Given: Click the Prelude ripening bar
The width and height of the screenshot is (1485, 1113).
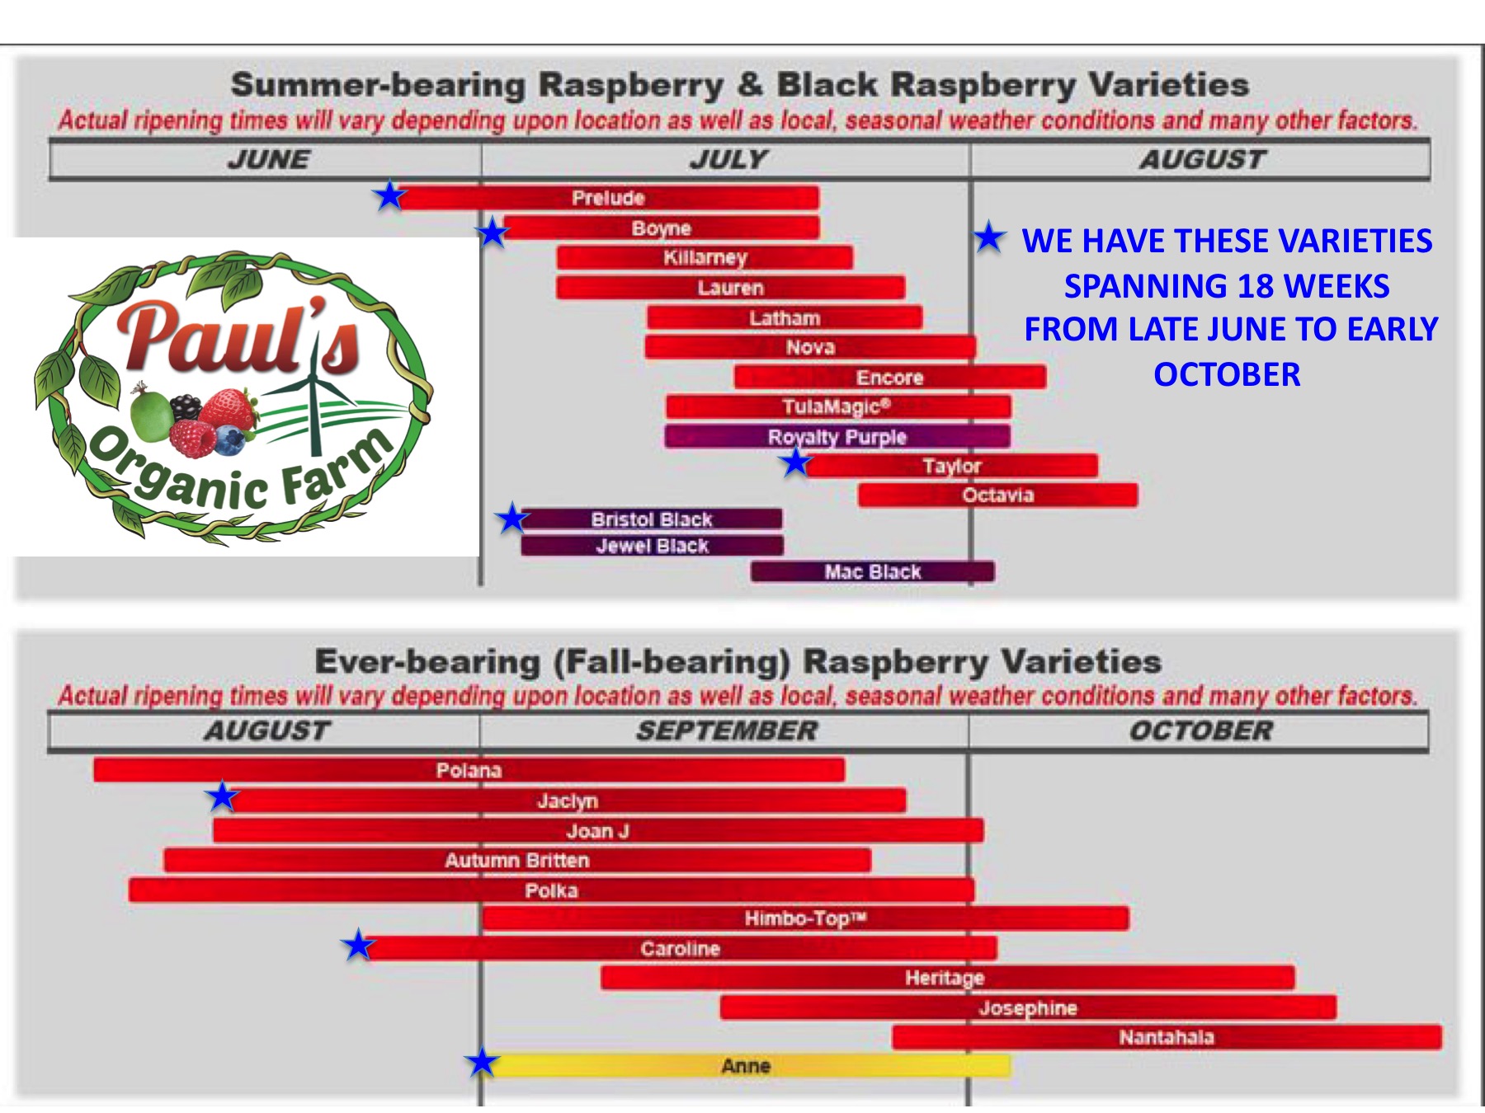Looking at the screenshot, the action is [x=607, y=198].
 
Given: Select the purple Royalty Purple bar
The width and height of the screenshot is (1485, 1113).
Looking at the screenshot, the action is [x=837, y=436].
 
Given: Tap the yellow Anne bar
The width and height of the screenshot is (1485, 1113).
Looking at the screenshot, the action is [x=747, y=1065].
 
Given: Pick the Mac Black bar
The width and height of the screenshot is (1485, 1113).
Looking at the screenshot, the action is [x=873, y=571].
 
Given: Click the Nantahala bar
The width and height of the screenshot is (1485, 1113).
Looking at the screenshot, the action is [x=1167, y=1037].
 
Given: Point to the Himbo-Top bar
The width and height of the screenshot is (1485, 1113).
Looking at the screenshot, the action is [x=805, y=918].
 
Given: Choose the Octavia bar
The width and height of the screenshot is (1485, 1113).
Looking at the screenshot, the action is [x=998, y=495].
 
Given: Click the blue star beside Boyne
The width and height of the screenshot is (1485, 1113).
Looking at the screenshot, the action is [x=493, y=232].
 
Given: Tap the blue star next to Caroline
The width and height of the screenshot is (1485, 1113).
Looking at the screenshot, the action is [x=359, y=945].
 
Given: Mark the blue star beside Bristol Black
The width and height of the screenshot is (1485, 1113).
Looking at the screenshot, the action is [x=511, y=519].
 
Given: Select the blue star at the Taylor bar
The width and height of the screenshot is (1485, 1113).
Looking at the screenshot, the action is [x=796, y=463].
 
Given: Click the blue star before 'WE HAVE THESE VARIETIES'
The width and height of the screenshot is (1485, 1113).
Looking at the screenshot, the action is [x=989, y=237].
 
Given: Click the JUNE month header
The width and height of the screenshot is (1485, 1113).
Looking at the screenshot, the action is [x=269, y=159].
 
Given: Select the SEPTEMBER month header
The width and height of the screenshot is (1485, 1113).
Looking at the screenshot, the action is [x=726, y=730].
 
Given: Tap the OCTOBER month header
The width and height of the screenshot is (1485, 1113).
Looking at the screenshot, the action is [x=1201, y=730].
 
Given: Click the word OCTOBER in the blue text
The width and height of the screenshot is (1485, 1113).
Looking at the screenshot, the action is [x=1227, y=374].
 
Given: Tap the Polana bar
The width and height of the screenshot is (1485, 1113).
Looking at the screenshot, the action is [x=469, y=770].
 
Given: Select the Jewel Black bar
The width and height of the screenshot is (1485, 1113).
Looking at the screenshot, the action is [x=652, y=546].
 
